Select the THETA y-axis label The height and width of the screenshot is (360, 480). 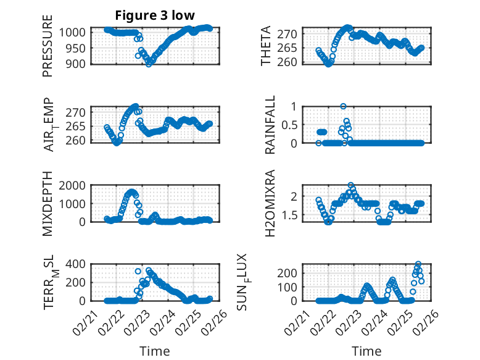pyautogui.click(x=266, y=46)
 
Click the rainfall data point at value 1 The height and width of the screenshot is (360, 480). pyautogui.click(x=343, y=106)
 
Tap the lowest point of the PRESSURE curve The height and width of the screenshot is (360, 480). pyautogui.click(x=149, y=64)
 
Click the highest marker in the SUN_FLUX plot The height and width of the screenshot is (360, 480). pyautogui.click(x=418, y=264)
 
